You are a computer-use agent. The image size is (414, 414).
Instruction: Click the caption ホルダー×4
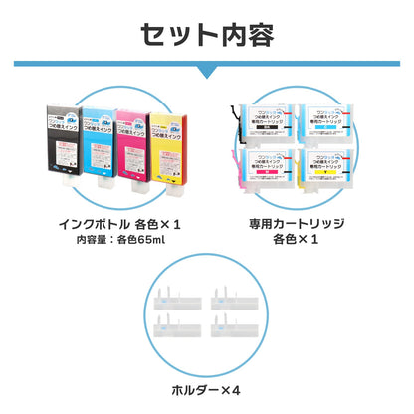[207, 389]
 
